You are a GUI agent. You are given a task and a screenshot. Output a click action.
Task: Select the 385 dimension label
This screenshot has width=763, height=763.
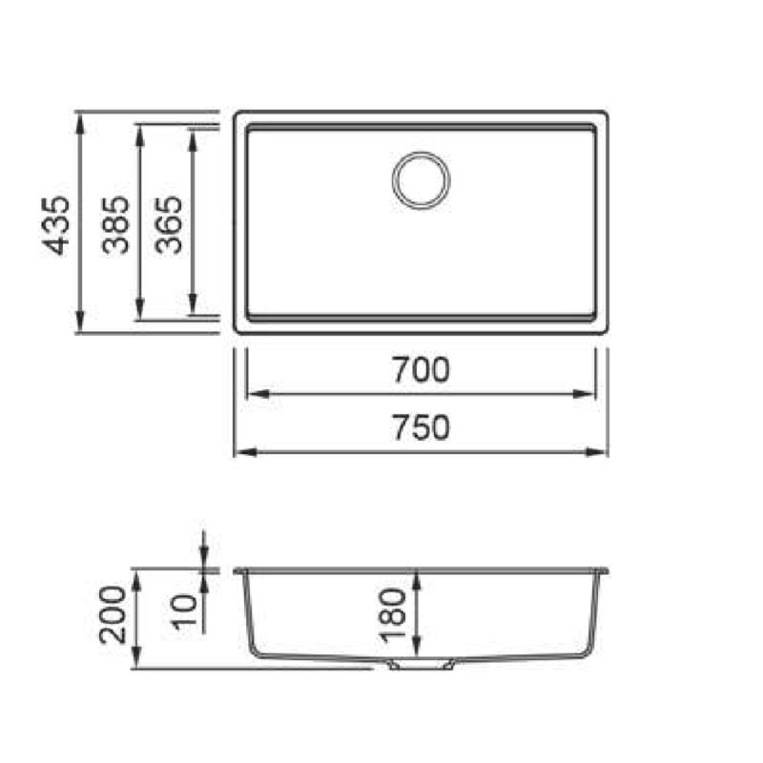point(115,225)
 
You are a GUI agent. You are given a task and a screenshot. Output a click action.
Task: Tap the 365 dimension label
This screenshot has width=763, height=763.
point(169,225)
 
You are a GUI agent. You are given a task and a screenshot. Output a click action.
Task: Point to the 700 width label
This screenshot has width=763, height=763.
point(421,370)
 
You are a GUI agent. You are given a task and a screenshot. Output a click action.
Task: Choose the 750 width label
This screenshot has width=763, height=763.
point(421,427)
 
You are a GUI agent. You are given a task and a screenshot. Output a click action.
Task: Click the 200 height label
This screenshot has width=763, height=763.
point(113,615)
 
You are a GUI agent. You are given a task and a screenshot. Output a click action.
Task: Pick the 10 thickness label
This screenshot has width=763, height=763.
point(185,611)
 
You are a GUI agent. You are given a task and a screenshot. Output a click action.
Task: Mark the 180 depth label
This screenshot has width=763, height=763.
point(393,616)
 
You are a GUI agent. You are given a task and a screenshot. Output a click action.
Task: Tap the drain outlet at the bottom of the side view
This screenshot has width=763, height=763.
point(422,664)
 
